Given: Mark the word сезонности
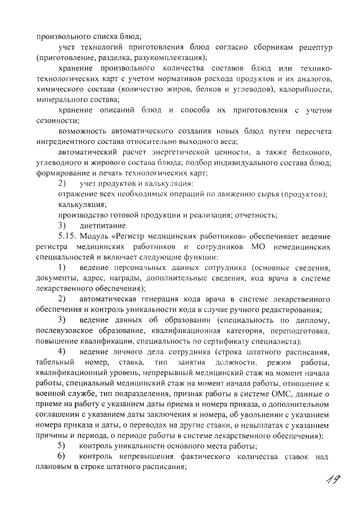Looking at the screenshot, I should coord(57,121).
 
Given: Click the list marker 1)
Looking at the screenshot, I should coord(63,267).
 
